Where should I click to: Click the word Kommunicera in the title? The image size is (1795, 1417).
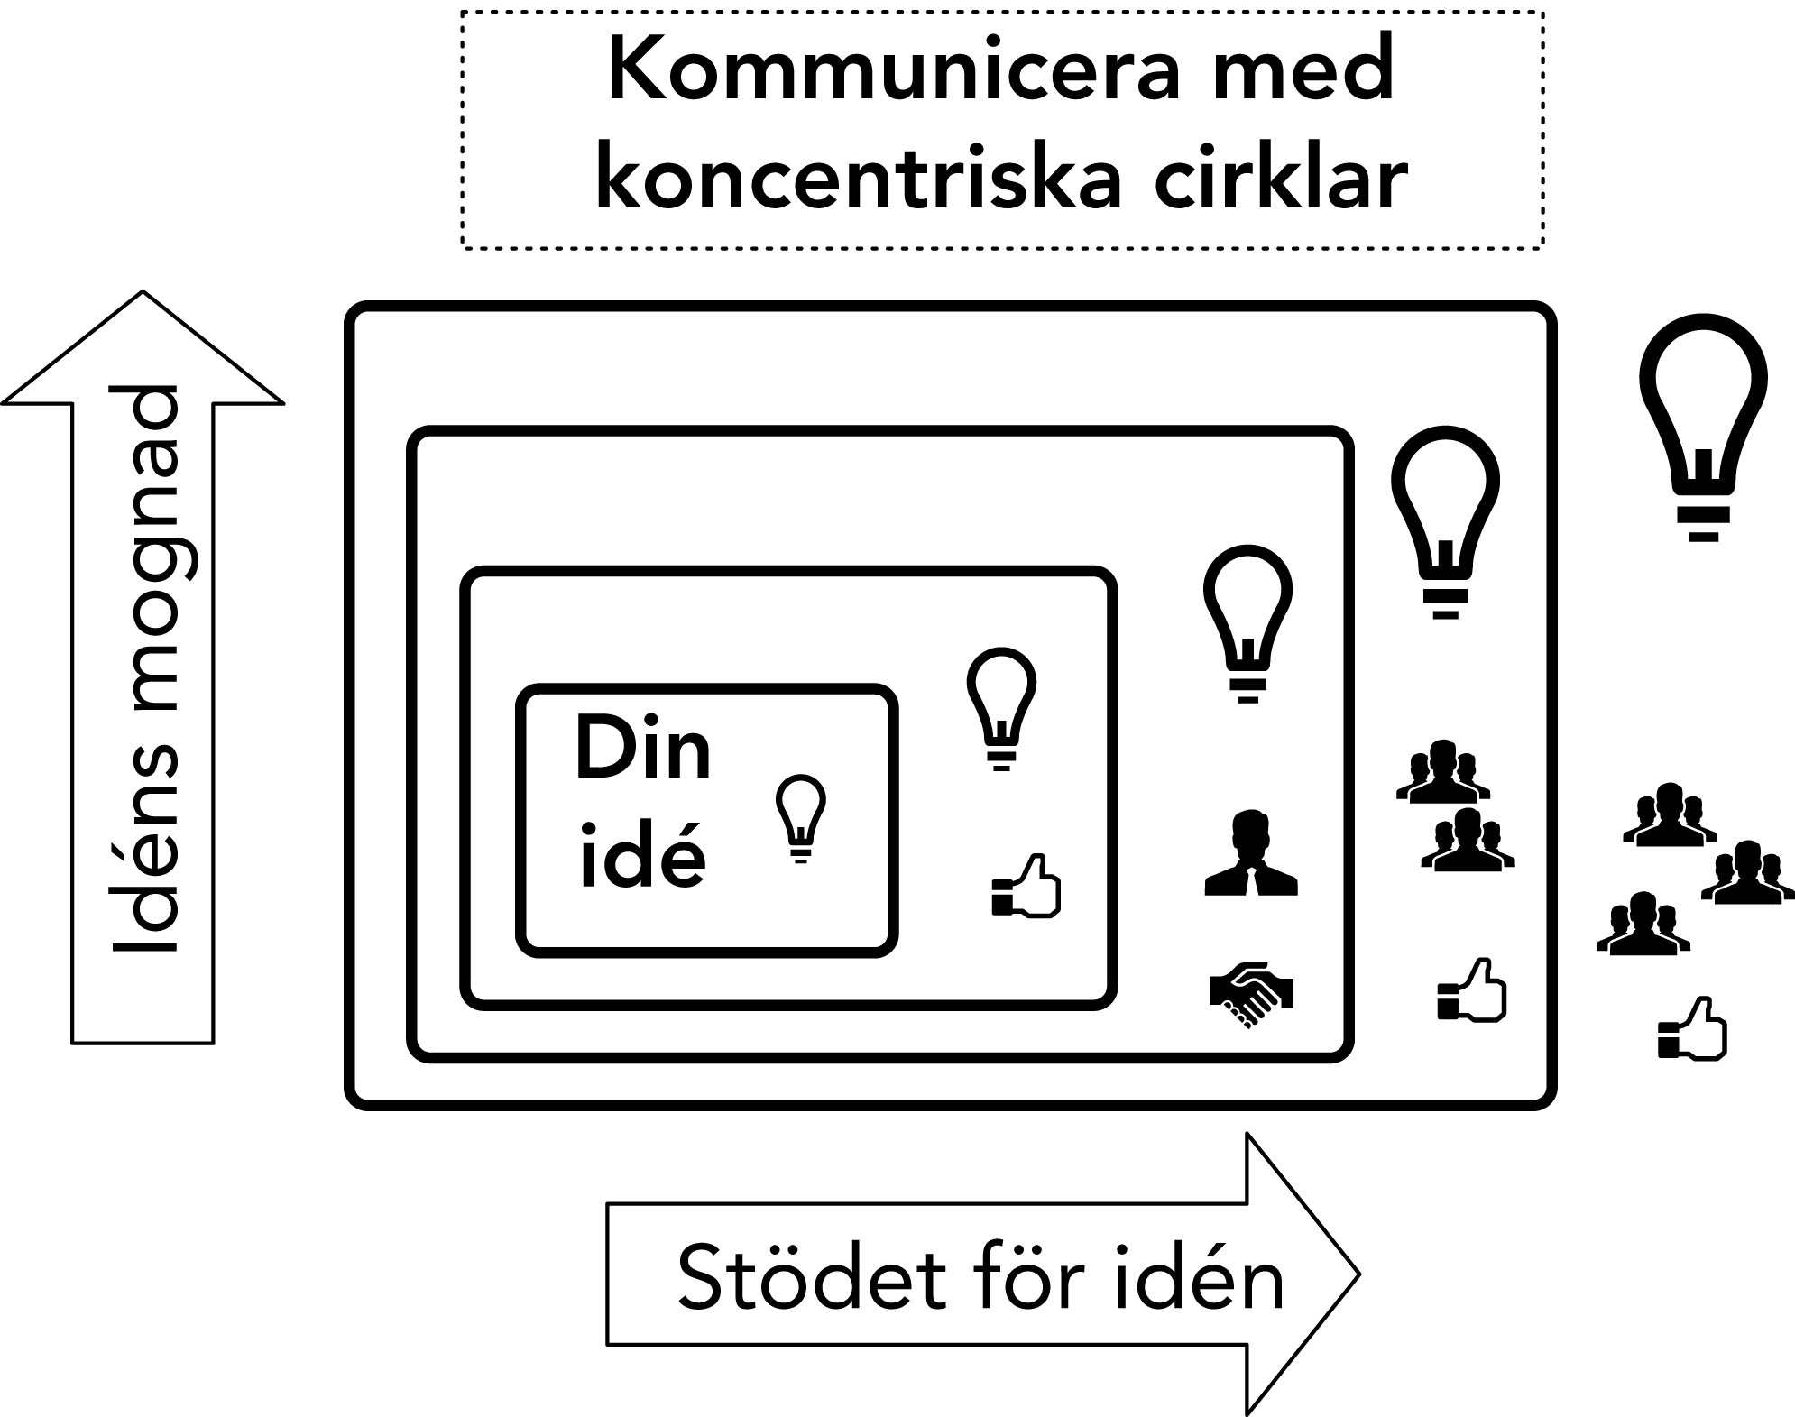tap(893, 72)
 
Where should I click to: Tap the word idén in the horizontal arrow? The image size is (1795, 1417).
tap(1199, 1279)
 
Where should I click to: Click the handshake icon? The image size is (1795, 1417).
tap(1251, 994)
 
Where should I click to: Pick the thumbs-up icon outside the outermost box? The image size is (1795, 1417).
tap(1692, 1028)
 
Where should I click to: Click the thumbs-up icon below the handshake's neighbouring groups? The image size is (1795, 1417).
tap(1472, 990)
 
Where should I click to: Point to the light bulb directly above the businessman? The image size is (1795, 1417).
tap(1247, 622)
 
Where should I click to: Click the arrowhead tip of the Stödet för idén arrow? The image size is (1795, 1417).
tap(1358, 1274)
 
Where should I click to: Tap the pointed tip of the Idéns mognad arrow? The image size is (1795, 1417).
tap(143, 292)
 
